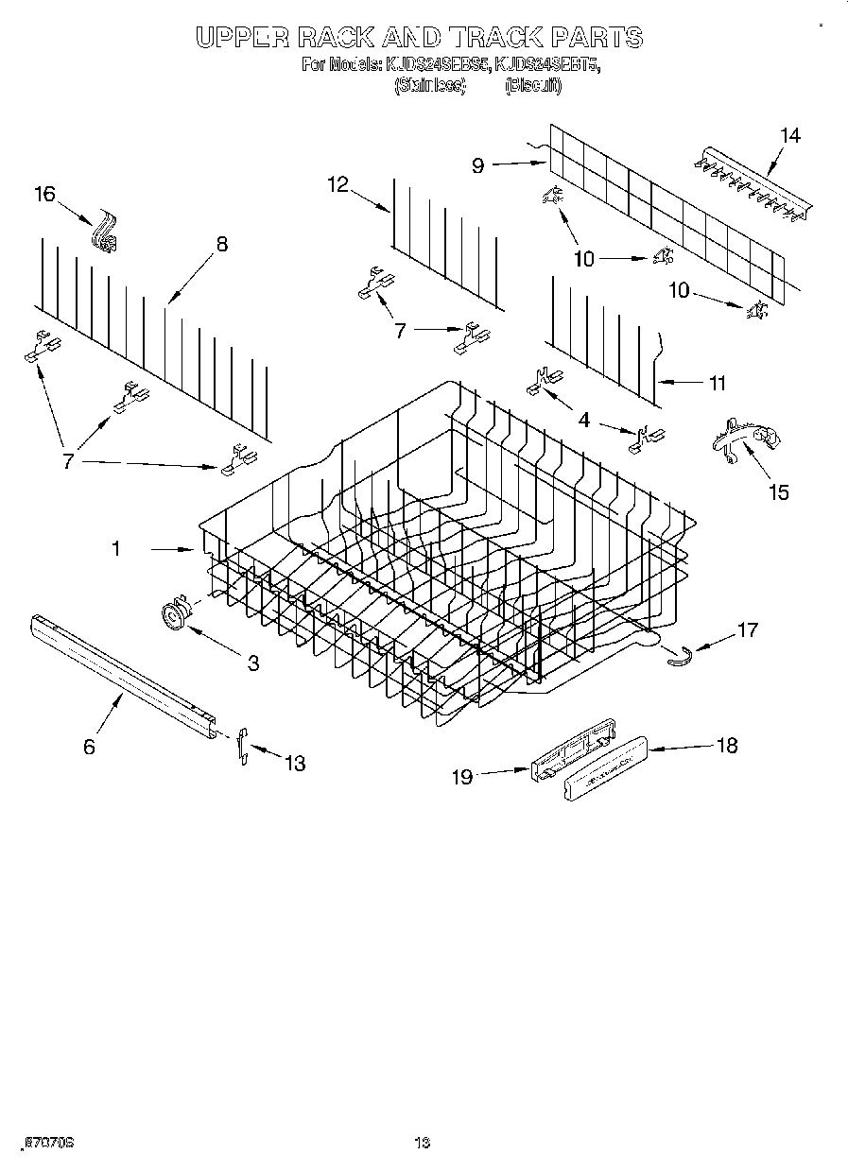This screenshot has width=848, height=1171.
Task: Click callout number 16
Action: (44, 195)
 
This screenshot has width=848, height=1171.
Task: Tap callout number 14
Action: (789, 135)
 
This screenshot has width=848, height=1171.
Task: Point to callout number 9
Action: (478, 164)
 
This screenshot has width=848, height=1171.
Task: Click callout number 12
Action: (338, 184)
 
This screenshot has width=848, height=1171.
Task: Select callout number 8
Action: (221, 244)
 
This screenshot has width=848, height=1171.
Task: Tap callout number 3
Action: (252, 663)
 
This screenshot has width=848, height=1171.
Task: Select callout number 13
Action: (295, 764)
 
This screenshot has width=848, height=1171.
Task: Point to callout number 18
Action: (726, 746)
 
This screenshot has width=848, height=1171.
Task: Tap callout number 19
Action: (461, 776)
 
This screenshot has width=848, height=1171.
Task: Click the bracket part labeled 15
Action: (750, 439)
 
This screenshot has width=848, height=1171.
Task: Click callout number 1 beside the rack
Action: (115, 548)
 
